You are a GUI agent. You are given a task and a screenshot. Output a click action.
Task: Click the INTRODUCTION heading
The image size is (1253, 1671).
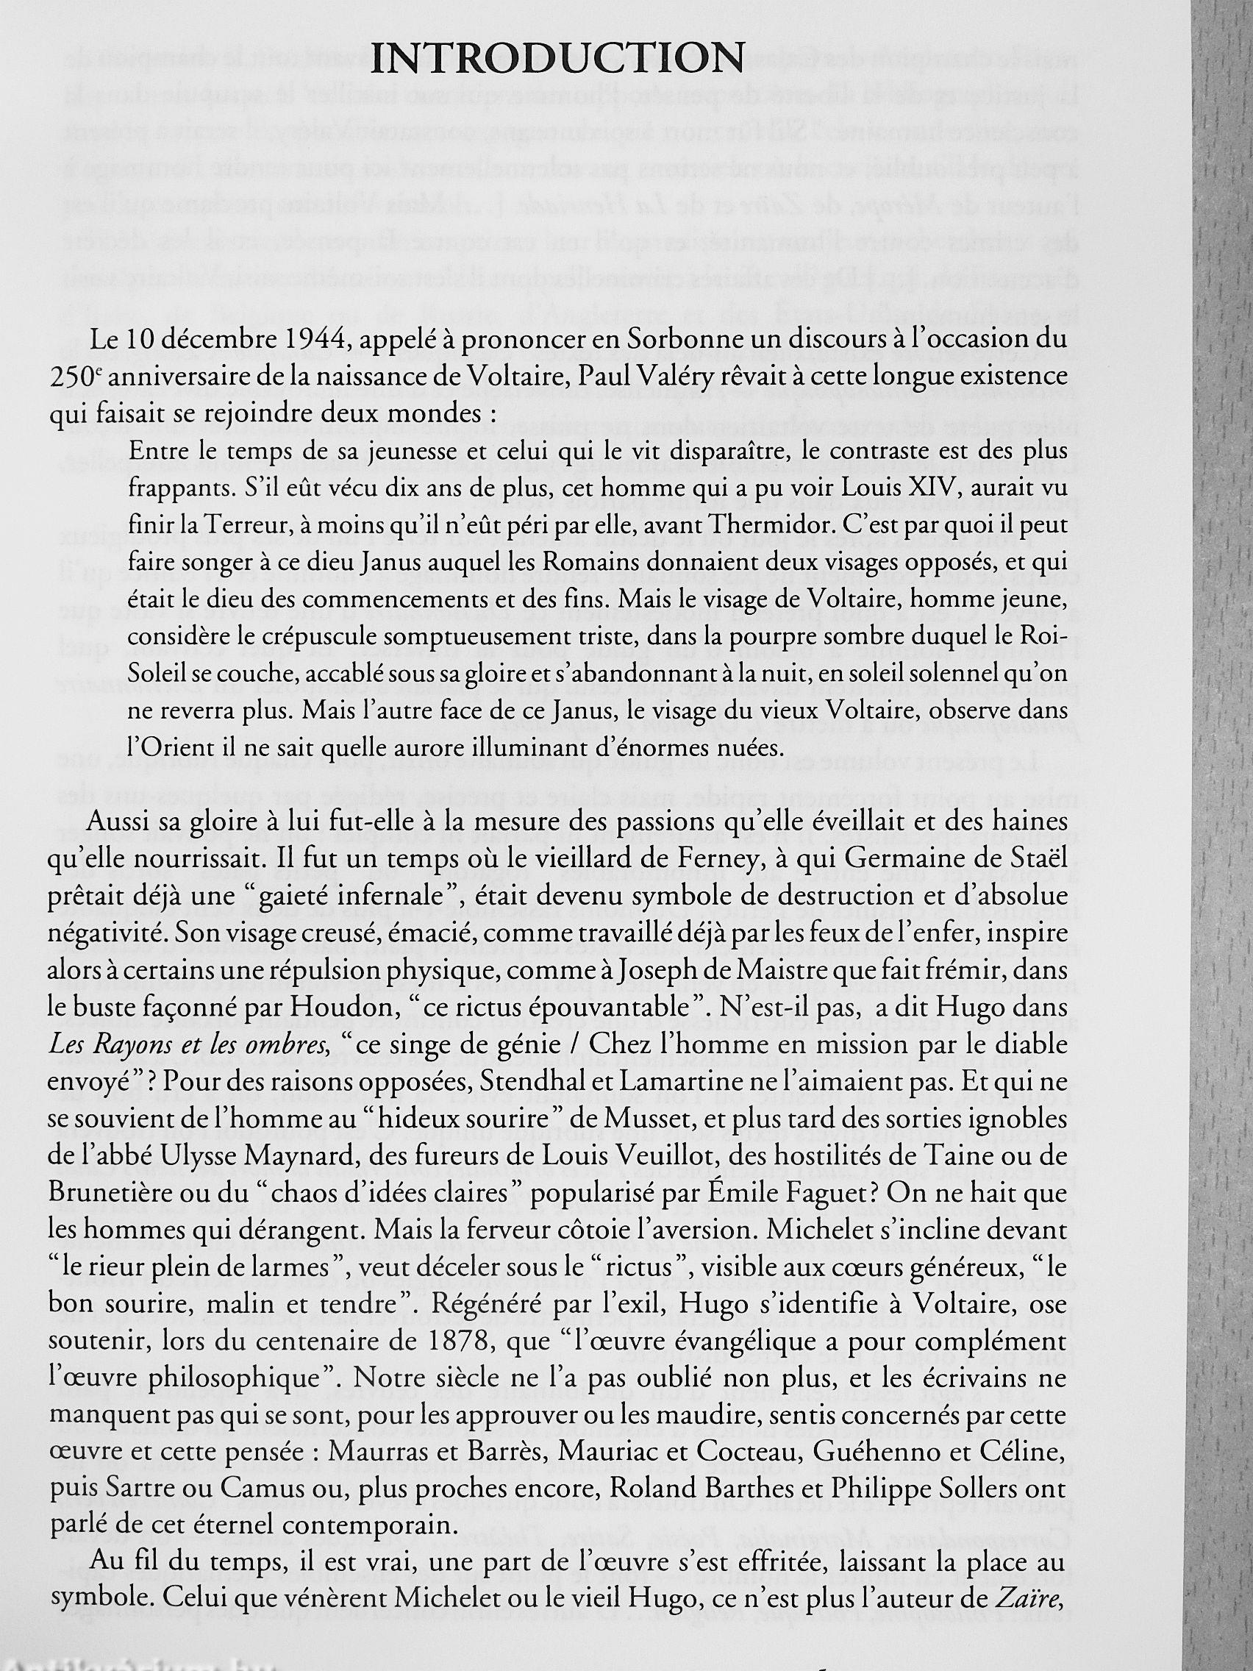point(558,57)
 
